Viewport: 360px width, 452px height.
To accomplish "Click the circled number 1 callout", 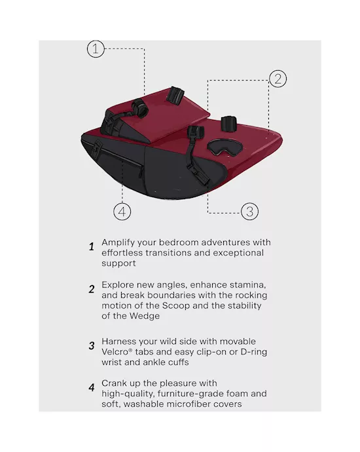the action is click(x=96, y=48).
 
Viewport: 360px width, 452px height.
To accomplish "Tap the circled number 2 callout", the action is click(x=278, y=79).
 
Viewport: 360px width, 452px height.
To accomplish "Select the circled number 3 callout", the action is click(x=249, y=212).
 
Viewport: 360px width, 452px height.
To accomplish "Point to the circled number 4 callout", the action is click(x=122, y=212).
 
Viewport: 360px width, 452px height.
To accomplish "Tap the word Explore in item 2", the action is click(x=118, y=286).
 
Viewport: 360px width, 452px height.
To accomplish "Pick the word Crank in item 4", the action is click(x=114, y=383).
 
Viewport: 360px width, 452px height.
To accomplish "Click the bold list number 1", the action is click(x=92, y=247).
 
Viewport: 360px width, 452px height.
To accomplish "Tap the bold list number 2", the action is click(x=92, y=289).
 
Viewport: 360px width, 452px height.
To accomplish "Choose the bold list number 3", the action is click(x=92, y=346).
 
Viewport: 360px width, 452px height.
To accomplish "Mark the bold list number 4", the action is click(x=92, y=388).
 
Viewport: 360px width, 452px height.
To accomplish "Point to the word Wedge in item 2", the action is click(x=145, y=316).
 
